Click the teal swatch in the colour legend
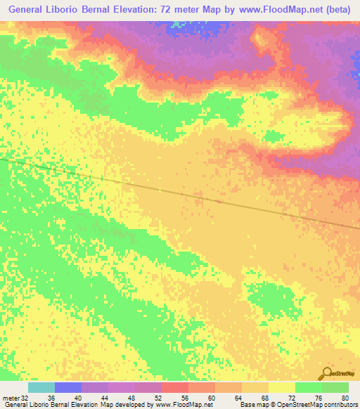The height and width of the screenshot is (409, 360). click(41, 387)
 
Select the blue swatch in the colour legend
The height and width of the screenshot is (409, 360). click(68, 387)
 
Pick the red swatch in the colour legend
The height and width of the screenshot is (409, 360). click(175, 387)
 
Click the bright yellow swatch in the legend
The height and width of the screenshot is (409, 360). click(282, 387)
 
